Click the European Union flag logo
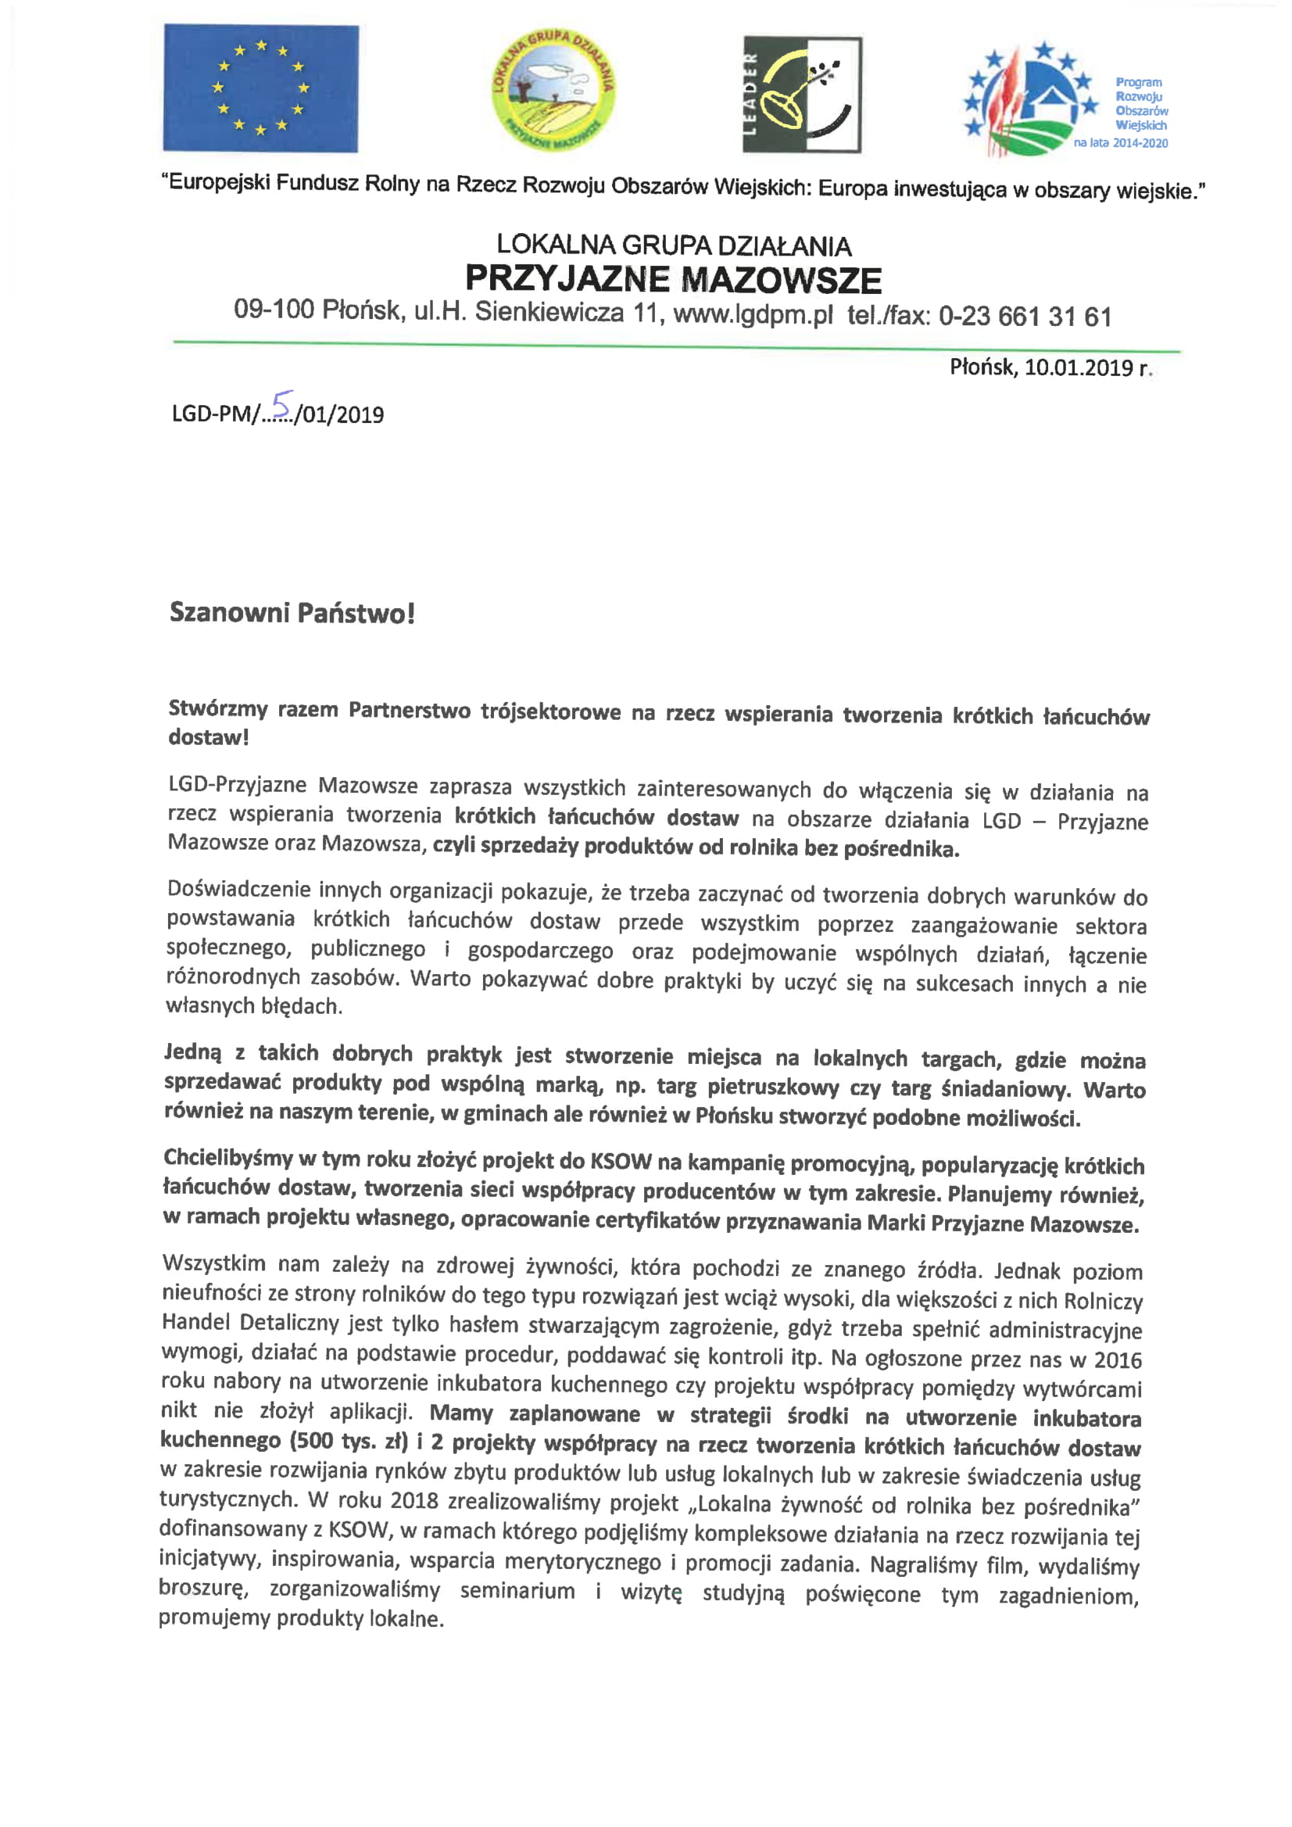coord(261,88)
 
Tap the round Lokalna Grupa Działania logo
coord(553,91)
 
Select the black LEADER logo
coord(802,94)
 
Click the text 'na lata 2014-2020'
coord(1120,143)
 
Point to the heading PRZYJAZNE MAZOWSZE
coord(673,279)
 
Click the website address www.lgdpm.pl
coord(753,314)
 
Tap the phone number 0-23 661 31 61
coord(1025,317)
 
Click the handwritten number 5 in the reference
coord(281,404)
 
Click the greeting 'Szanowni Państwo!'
coord(292,613)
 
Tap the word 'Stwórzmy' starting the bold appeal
coord(217,708)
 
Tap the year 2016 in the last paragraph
coord(1117,1360)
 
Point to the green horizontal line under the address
coord(676,346)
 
